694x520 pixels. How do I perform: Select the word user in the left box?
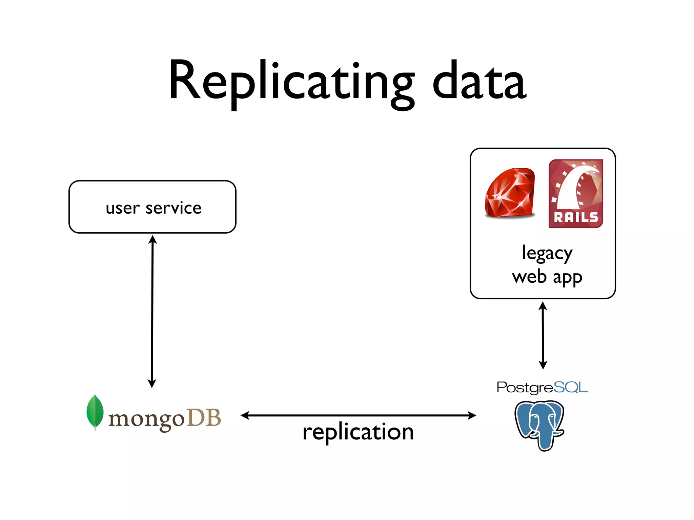[123, 208]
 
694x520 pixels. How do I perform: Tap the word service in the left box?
[173, 208]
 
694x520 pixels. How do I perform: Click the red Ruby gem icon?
[510, 193]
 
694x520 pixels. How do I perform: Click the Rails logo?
[576, 193]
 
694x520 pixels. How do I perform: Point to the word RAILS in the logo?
[576, 217]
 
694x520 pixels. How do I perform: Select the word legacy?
[547, 253]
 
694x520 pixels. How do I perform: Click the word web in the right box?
[529, 277]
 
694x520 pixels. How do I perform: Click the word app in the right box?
[568, 278]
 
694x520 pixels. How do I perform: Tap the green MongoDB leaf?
[95, 412]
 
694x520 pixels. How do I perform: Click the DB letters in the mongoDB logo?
[204, 418]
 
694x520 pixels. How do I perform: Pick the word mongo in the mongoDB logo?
[146, 419]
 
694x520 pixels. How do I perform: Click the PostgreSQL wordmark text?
[542, 387]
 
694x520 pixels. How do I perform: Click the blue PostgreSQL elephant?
[540, 425]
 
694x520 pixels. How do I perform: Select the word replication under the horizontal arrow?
[358, 432]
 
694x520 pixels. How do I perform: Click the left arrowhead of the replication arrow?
[245, 415]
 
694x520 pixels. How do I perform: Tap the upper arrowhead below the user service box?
[153, 240]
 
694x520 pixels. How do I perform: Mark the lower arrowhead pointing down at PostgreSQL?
[543, 365]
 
